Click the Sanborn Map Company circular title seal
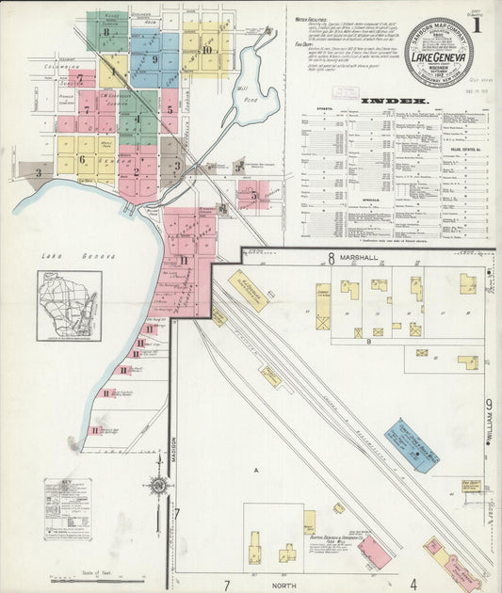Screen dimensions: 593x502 pos(438,52)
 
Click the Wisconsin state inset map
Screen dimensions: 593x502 pos(69,305)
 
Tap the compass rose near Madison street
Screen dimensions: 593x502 pos(159,486)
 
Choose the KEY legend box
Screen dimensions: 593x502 pos(68,496)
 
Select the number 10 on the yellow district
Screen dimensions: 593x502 pos(206,49)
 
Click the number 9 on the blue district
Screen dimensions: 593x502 pos(154,59)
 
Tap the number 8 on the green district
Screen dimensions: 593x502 pos(106,31)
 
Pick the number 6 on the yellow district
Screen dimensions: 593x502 pos(82,159)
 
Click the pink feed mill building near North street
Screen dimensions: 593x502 pos(375,553)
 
